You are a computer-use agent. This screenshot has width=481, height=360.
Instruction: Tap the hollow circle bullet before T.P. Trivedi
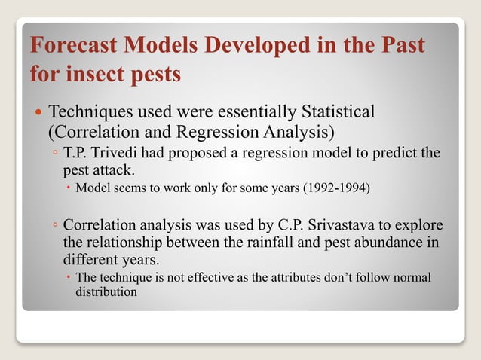click(56, 154)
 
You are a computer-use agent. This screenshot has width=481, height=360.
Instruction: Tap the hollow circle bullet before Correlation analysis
click(56, 226)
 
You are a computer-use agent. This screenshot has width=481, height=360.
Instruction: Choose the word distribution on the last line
click(106, 291)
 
